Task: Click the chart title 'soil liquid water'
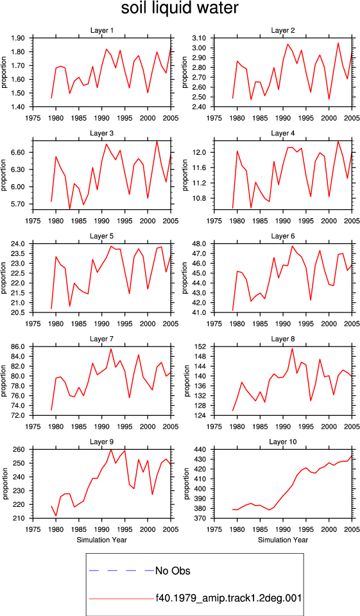click(180, 8)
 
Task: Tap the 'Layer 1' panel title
click(102, 30)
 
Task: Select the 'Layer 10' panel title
click(283, 441)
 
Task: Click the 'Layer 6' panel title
click(283, 236)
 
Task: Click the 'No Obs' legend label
click(173, 570)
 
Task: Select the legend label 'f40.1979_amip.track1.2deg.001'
click(228, 598)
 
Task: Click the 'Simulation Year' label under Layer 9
click(102, 540)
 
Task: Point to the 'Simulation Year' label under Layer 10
click(283, 540)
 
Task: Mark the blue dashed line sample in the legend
click(121, 570)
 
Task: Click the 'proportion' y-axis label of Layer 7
click(4, 381)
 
